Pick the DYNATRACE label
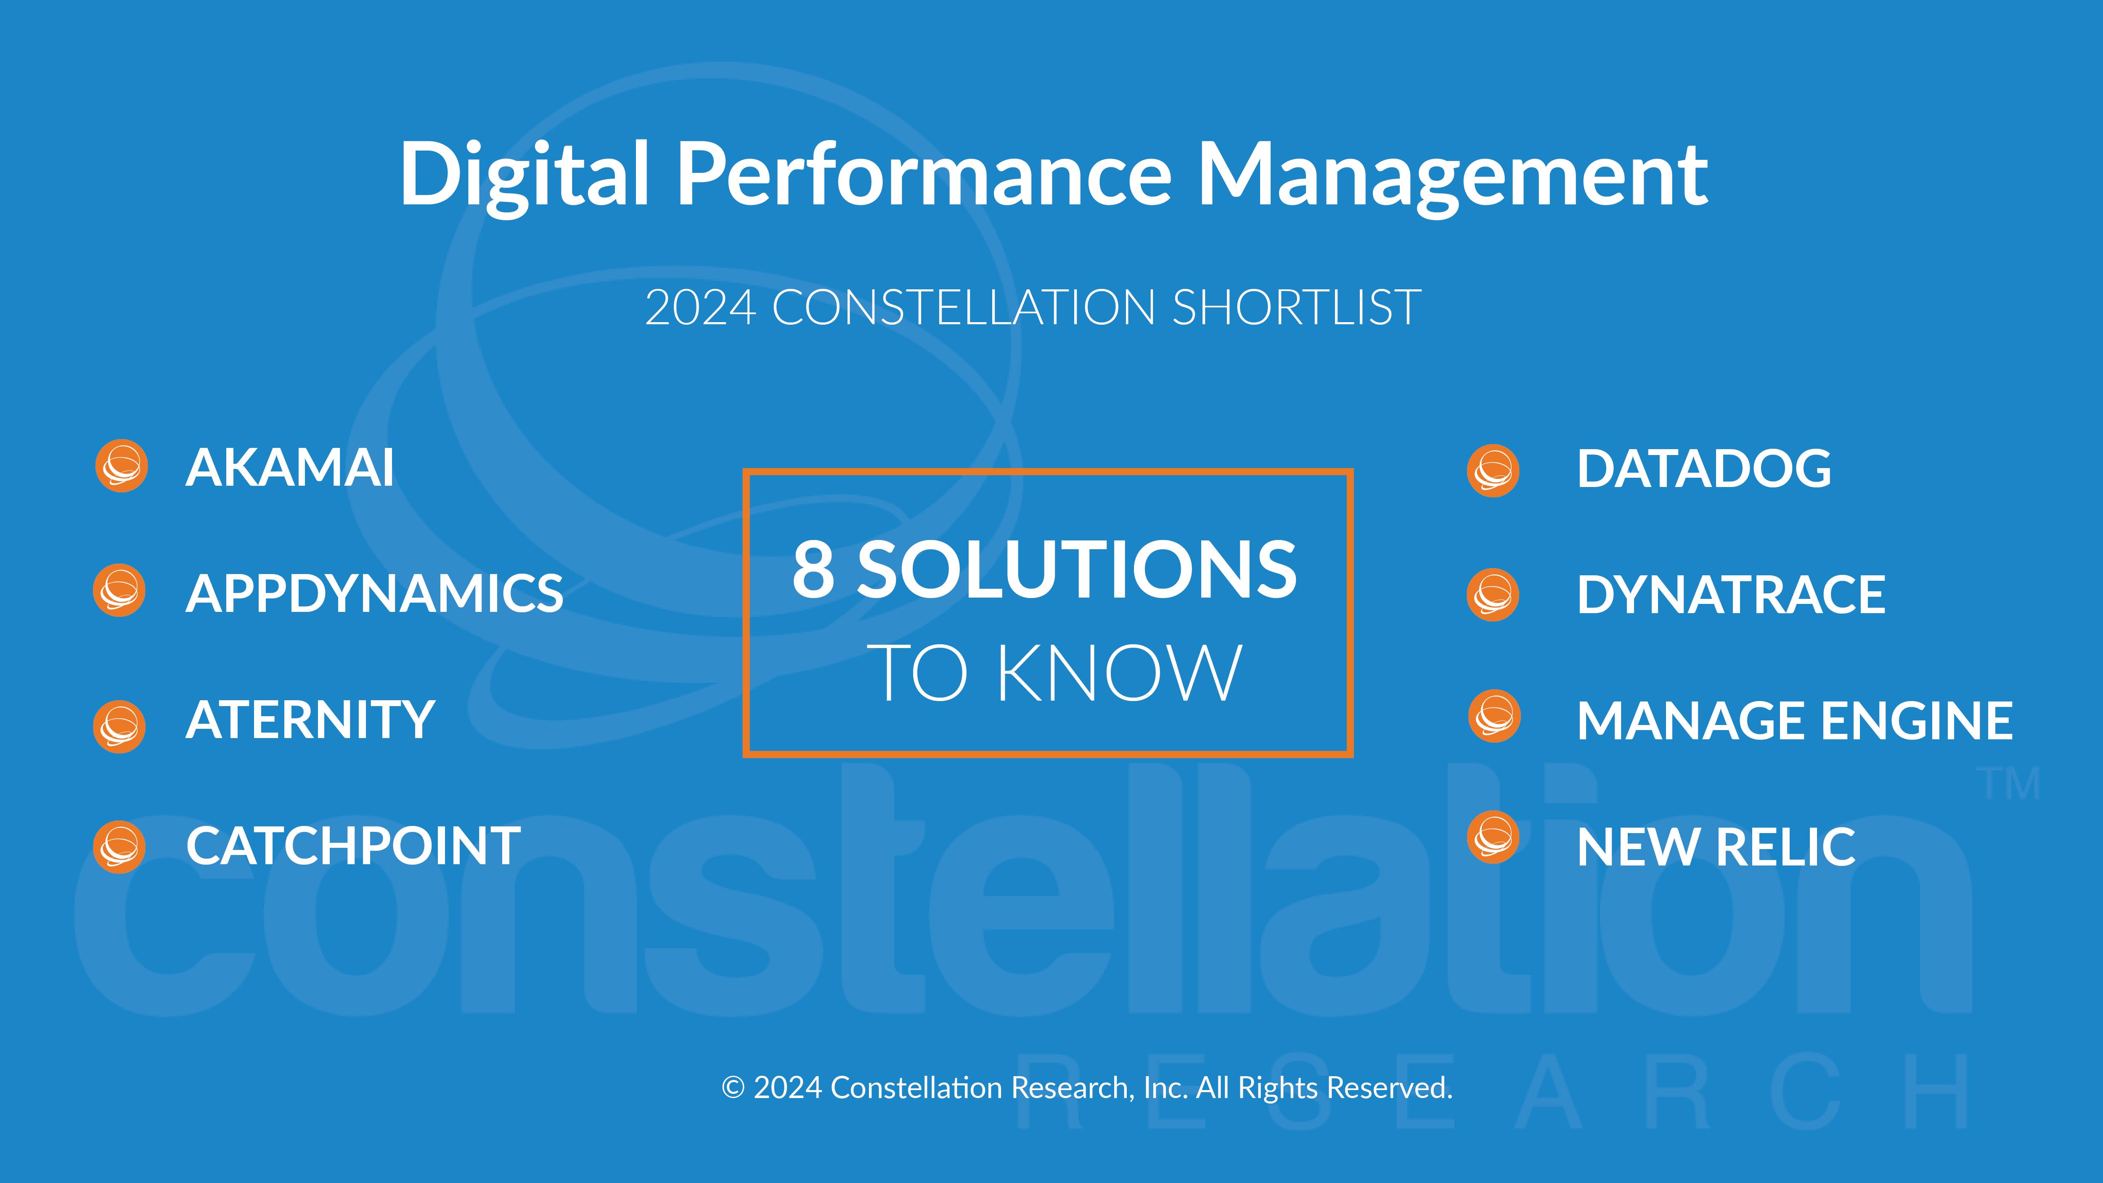click(1731, 594)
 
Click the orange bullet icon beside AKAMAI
click(122, 466)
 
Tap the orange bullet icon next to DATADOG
click(1493, 471)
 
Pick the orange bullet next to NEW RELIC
click(1493, 837)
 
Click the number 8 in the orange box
click(814, 569)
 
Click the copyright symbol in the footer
click(733, 1088)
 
